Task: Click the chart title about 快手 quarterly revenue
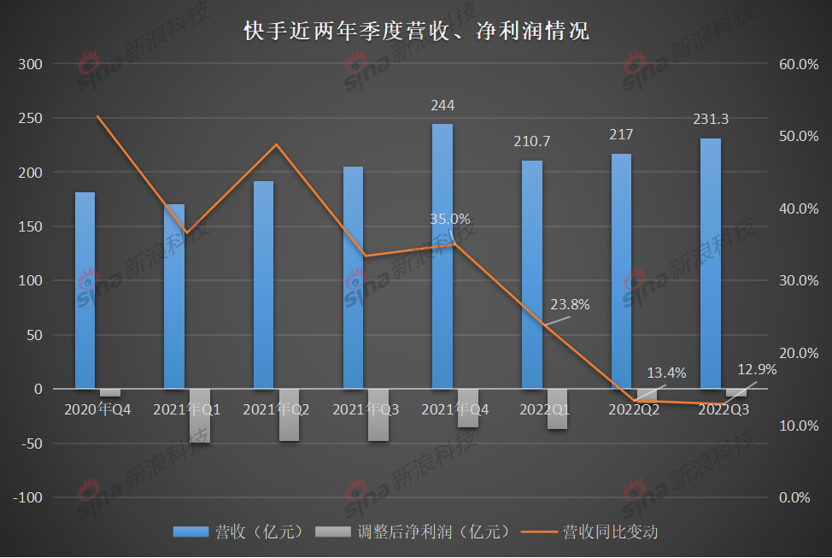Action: (x=416, y=32)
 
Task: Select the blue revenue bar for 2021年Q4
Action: (x=442, y=256)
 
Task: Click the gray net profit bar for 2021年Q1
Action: (x=200, y=416)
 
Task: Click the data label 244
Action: (x=442, y=105)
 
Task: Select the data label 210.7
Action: (x=532, y=141)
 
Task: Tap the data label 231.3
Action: (x=711, y=120)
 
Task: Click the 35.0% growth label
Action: (x=449, y=219)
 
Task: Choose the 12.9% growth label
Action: (x=757, y=369)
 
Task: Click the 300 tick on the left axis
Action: (x=30, y=64)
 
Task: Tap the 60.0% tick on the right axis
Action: (x=799, y=64)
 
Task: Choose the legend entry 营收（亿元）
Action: (x=239, y=532)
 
